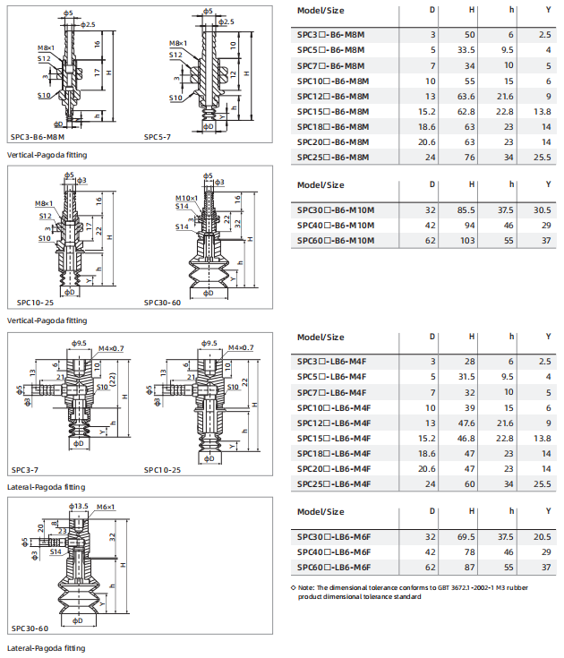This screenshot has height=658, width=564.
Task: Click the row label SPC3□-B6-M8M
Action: (x=330, y=35)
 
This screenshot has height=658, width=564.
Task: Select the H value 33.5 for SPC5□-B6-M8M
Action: (x=466, y=50)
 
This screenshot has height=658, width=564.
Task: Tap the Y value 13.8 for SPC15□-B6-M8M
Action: (x=543, y=112)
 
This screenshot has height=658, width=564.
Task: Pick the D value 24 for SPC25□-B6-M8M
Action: (x=430, y=158)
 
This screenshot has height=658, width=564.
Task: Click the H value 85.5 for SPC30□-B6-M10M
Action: (x=466, y=210)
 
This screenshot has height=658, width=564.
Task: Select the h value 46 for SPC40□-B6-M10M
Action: (x=508, y=226)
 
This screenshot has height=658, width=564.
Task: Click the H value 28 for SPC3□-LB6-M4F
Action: (x=470, y=362)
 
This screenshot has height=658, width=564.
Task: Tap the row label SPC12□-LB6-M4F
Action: (x=334, y=423)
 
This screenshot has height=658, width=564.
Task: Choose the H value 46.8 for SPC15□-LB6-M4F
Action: (x=466, y=439)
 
